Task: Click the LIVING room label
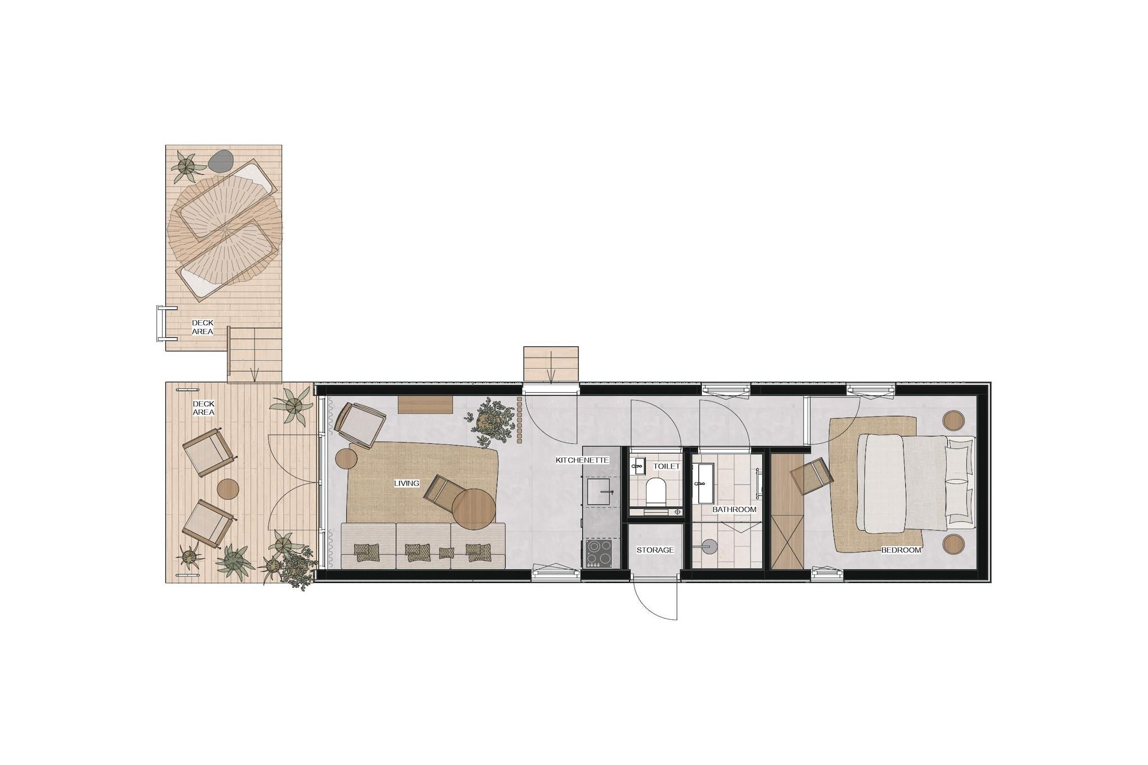(406, 483)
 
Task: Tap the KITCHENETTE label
(582, 460)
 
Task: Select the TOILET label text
(666, 466)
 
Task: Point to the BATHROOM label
(734, 509)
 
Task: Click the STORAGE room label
(655, 550)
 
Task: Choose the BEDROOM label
(901, 550)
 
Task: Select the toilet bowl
(655, 492)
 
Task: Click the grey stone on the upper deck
(221, 161)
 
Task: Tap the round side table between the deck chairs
(228, 489)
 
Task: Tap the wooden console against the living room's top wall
(426, 405)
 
